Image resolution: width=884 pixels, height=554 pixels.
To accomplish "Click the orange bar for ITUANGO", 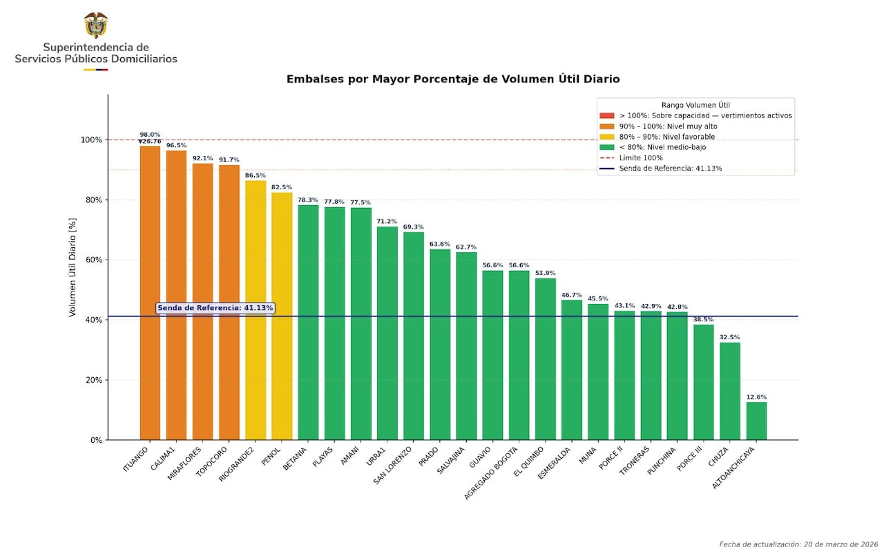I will click(x=150, y=293).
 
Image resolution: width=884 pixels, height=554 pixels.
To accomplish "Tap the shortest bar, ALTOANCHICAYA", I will click(x=756, y=421).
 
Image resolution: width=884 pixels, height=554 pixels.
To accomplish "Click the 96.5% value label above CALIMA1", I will click(x=176, y=146).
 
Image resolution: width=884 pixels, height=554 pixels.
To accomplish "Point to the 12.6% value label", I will click(x=756, y=397).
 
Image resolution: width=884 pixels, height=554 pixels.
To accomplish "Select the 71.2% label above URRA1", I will click(x=387, y=222).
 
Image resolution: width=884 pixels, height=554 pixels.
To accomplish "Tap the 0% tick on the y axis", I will click(x=95, y=440).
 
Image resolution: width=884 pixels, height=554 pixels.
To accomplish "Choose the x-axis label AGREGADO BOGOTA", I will click(x=491, y=473).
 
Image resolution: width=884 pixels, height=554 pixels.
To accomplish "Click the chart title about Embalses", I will click(x=453, y=79).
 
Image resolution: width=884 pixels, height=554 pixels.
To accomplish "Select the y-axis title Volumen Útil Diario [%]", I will click(x=73, y=267).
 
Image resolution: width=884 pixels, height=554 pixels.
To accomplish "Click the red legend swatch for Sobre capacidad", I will click(x=606, y=116).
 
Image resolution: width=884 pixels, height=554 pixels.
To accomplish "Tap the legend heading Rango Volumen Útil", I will click(x=695, y=105).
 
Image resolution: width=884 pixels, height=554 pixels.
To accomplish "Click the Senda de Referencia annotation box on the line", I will click(x=215, y=308).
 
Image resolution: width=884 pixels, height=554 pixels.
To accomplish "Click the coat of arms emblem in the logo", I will click(x=96, y=25).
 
